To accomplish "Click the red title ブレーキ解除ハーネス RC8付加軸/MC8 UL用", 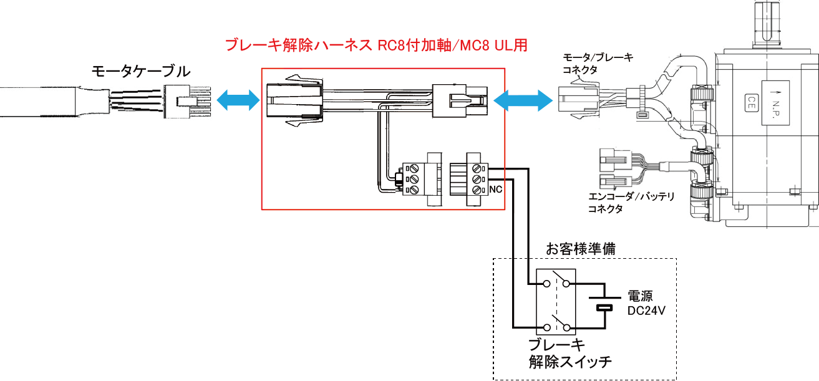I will tap(377, 46).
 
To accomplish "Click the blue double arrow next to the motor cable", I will tap(238, 99).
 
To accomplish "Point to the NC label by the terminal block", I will tap(497, 188).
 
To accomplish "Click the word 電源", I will tap(640, 296).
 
